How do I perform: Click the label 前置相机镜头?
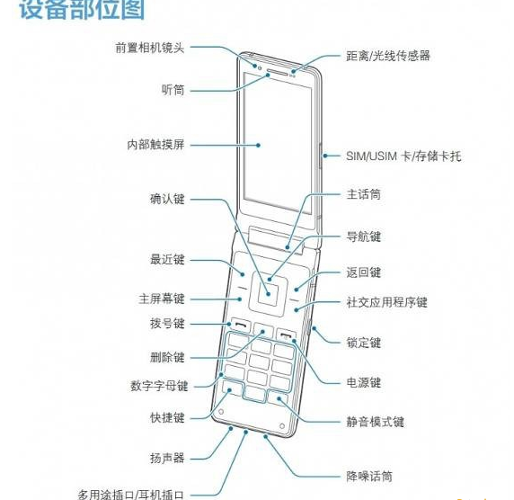pyautogui.click(x=150, y=48)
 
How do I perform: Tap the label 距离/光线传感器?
pyautogui.click(x=388, y=56)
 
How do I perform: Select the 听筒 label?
pyautogui.click(x=173, y=90)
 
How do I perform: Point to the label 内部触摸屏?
pyautogui.click(x=155, y=145)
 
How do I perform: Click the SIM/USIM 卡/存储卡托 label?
pyautogui.click(x=403, y=156)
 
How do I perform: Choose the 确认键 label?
pyautogui.click(x=167, y=199)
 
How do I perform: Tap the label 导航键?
pyautogui.click(x=364, y=237)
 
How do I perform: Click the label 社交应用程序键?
pyautogui.click(x=386, y=302)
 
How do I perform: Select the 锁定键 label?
pyautogui.click(x=364, y=343)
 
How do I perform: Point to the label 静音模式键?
pyautogui.click(x=376, y=422)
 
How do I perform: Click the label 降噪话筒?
pyautogui.click(x=369, y=477)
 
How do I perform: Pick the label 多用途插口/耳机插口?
pyautogui.click(x=131, y=494)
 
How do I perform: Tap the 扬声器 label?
pyautogui.click(x=167, y=458)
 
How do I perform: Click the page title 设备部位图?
pyautogui.click(x=82, y=9)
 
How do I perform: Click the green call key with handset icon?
pyautogui.click(x=240, y=326)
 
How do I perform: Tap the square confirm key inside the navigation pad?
pyautogui.click(x=268, y=295)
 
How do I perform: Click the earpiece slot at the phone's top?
pyautogui.click(x=277, y=73)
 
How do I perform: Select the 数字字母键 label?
pyautogui.click(x=159, y=386)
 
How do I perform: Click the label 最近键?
pyautogui.click(x=167, y=260)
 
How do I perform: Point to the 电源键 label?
pyautogui.click(x=364, y=382)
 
